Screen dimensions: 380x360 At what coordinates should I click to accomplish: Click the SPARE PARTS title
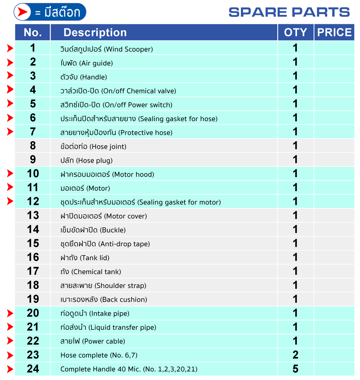(x=289, y=12)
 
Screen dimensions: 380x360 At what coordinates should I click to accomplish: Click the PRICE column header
(x=334, y=33)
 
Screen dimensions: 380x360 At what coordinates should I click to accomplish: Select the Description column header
(x=95, y=33)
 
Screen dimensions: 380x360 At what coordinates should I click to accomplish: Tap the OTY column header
(x=296, y=33)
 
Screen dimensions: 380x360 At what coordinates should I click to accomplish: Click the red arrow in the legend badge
(x=23, y=12)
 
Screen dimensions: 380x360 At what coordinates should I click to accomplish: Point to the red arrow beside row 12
(x=10, y=201)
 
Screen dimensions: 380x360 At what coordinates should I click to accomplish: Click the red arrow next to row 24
(x=10, y=369)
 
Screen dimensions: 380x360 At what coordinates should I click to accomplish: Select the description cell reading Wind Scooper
(x=107, y=49)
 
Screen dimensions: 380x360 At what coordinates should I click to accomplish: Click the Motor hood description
(x=107, y=174)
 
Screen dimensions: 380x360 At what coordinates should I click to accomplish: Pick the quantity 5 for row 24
(x=295, y=369)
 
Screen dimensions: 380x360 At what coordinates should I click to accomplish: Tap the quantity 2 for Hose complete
(x=295, y=355)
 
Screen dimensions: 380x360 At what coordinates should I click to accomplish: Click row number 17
(x=33, y=271)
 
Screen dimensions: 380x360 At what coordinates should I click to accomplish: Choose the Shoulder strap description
(x=103, y=286)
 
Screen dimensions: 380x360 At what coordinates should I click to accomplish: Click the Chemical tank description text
(x=91, y=272)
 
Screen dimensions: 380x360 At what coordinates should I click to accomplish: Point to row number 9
(x=33, y=160)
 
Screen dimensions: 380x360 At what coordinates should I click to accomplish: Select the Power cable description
(x=93, y=341)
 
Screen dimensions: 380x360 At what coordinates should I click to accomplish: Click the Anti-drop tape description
(x=105, y=244)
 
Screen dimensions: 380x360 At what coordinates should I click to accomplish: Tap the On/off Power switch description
(x=116, y=105)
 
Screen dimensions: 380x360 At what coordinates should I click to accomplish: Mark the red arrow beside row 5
(x=10, y=103)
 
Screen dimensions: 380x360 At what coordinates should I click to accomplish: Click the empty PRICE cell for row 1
(x=334, y=48)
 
